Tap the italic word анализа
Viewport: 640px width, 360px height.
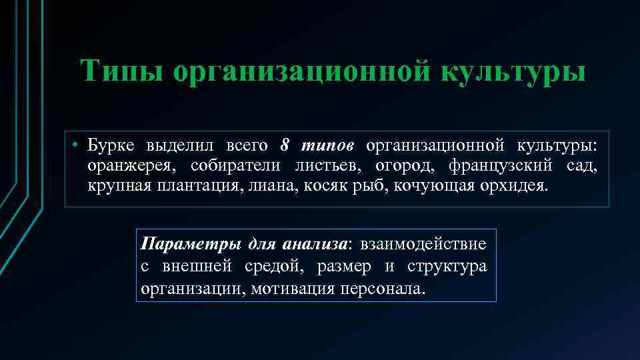point(315,244)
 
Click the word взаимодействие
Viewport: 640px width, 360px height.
point(423,244)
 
